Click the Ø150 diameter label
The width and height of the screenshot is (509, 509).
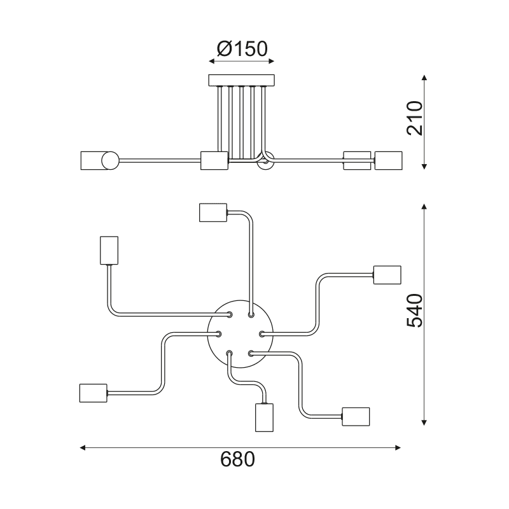click(x=242, y=48)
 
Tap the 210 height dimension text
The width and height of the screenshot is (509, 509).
click(x=415, y=118)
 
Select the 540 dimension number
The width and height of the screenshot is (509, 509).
click(x=414, y=310)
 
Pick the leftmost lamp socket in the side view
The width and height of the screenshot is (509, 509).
click(x=92, y=160)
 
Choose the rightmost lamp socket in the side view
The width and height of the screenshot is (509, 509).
click(x=389, y=160)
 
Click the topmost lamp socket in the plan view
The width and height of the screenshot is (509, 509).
click(x=213, y=212)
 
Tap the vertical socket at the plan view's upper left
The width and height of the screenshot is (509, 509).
click(x=109, y=249)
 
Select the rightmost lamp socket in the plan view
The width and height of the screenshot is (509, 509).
click(x=387, y=274)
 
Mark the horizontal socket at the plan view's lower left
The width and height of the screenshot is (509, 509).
click(x=93, y=393)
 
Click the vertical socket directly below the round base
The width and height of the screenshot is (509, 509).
click(x=263, y=417)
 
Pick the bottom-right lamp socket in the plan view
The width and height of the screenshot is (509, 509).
click(x=356, y=416)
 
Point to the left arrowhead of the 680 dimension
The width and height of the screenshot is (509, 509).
click(x=83, y=448)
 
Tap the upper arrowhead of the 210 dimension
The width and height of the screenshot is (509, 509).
click(x=424, y=78)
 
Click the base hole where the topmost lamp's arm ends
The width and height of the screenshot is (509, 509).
click(x=251, y=314)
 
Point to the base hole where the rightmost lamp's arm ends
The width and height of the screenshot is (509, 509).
click(x=262, y=333)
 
